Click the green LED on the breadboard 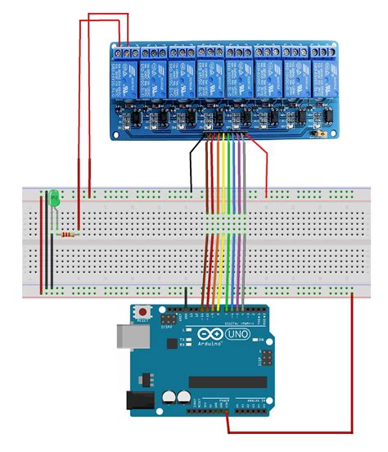pos(52,198)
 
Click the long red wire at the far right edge pos(353,368)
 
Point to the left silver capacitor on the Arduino pos(168,396)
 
